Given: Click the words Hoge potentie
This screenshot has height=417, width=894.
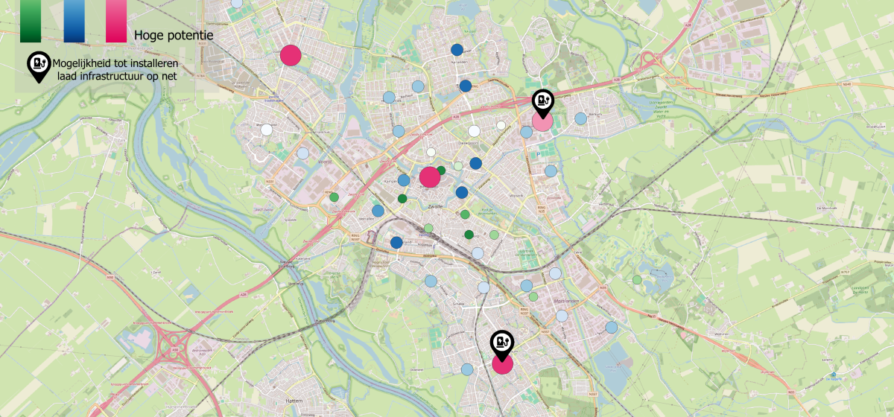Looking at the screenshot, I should point(174,36).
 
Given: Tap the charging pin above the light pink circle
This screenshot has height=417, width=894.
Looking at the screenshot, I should point(542,102).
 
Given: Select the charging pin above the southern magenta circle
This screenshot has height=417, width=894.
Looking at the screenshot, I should point(502,343).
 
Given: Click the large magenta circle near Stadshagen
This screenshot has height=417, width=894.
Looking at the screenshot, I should point(290,55).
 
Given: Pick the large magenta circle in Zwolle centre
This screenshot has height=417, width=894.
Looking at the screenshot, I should point(429,177).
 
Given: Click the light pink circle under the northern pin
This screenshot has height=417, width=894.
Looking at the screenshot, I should point(542,121).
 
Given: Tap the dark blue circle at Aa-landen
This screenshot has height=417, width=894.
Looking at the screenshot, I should point(457,50).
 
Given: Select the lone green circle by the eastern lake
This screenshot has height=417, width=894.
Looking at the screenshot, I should point(637,280).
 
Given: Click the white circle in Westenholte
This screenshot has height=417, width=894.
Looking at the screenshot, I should point(266,130).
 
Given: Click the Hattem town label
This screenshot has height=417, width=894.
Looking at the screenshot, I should point(294,401).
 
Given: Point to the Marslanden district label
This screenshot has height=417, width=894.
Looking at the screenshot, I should point(567,300).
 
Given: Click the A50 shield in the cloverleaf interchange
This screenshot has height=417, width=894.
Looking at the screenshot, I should point(176,348).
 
